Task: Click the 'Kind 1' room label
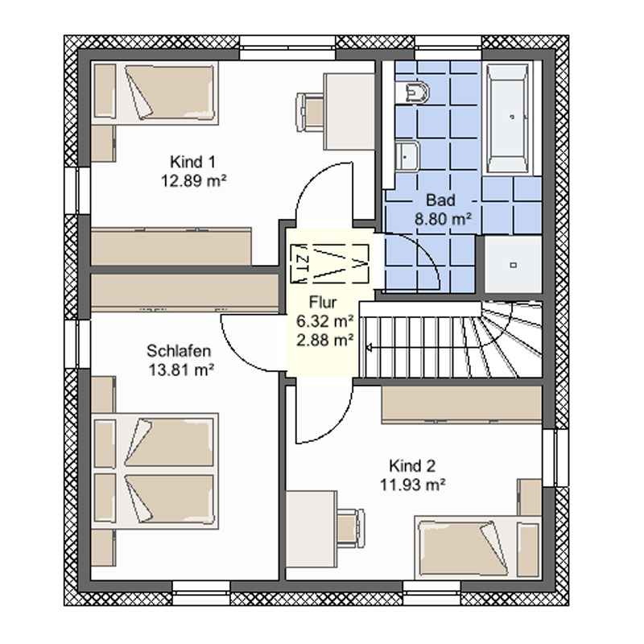coord(192,162)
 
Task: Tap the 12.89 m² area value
coord(194,180)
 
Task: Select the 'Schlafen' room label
coord(179,351)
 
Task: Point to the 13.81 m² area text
coord(181,370)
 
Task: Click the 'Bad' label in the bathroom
coord(440,200)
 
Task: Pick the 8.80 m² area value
coord(443,219)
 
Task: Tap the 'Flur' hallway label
coord(323,303)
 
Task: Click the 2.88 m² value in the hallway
coord(325,340)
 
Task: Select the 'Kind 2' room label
coord(412,466)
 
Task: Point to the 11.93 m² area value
coord(413,485)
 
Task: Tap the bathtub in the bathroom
coord(508,118)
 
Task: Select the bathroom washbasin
coord(407,156)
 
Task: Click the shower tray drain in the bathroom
coord(514,265)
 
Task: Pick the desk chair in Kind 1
coord(310,113)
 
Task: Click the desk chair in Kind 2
coord(350,528)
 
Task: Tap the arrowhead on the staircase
coord(369,349)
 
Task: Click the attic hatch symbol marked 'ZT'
coord(329,264)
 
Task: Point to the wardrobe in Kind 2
coord(461,405)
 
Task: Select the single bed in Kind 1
coord(155,93)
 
